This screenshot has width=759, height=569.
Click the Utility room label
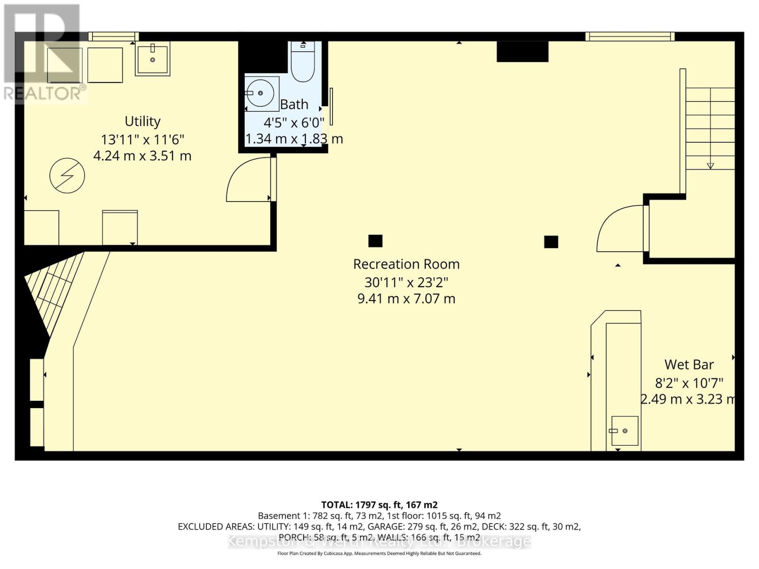(x=142, y=121)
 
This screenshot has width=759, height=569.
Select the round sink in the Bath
(x=260, y=93)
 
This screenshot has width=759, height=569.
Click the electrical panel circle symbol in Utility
(x=67, y=175)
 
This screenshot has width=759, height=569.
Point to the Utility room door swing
(x=248, y=180)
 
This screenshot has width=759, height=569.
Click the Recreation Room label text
(x=406, y=264)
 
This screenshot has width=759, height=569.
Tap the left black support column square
(x=375, y=241)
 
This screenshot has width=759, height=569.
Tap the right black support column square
(x=551, y=242)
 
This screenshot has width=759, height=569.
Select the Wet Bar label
(x=689, y=365)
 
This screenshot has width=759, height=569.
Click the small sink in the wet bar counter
(x=624, y=431)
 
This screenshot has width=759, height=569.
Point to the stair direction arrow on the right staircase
(x=710, y=165)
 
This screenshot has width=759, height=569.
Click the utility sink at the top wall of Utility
(x=153, y=59)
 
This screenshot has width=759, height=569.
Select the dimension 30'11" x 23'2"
(x=406, y=282)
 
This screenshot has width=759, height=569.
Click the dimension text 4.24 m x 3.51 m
(x=142, y=156)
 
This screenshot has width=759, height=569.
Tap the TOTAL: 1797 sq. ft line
(x=379, y=505)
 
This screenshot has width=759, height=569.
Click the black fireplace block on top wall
(x=522, y=52)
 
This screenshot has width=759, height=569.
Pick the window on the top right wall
(x=629, y=37)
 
